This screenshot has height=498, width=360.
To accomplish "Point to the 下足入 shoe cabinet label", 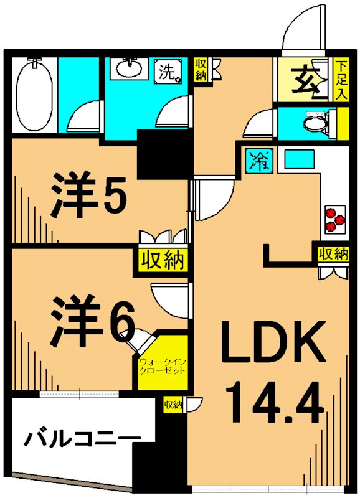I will (x=341, y=80).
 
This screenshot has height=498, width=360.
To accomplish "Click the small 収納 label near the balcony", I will (x=173, y=405).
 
